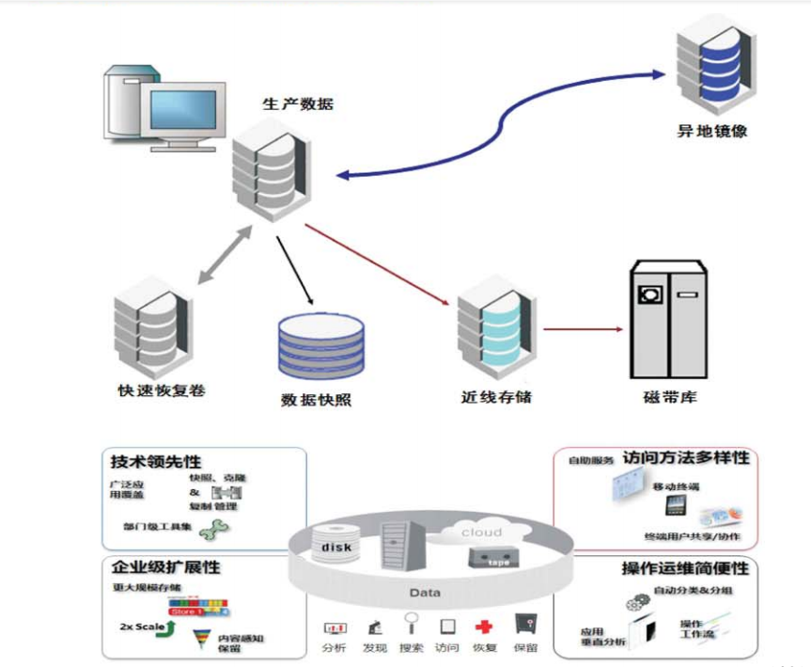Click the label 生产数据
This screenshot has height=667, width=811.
297,104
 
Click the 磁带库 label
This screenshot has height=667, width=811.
666,397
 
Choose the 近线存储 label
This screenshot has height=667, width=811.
496,396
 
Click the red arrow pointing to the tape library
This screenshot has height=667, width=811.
583,329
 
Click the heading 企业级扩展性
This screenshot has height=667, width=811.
165,568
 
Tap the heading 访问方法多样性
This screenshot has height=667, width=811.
685,458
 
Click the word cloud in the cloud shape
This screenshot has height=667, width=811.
480,532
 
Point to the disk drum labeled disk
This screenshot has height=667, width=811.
336,548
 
